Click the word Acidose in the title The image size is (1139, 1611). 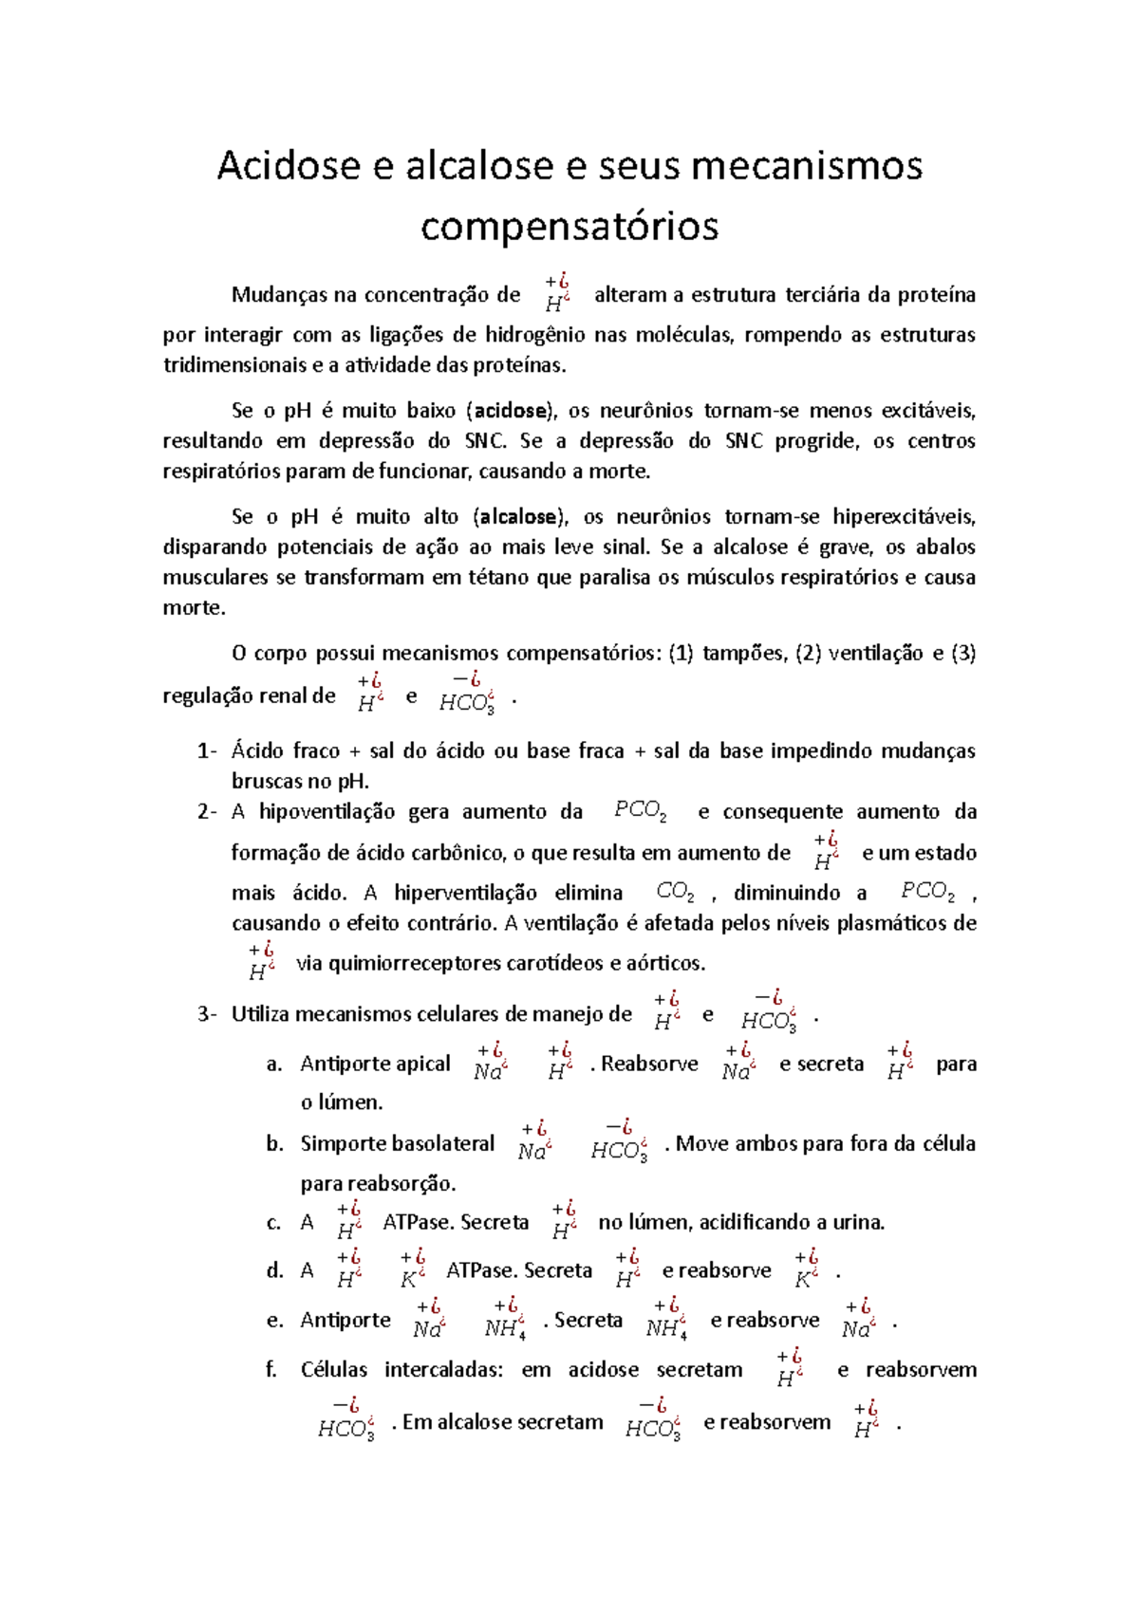click(x=289, y=166)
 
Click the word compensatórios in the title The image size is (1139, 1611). click(x=569, y=226)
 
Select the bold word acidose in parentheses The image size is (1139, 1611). click(x=511, y=411)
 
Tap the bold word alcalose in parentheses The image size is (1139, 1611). click(x=518, y=517)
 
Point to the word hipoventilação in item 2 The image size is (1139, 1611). click(x=327, y=812)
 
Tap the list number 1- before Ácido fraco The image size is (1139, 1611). click(x=207, y=751)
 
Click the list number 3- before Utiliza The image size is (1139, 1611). click(x=207, y=1014)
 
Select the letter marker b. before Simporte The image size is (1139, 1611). click(x=274, y=1144)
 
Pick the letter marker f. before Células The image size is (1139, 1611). click(x=271, y=1370)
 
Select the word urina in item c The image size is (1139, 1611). click(x=858, y=1222)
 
